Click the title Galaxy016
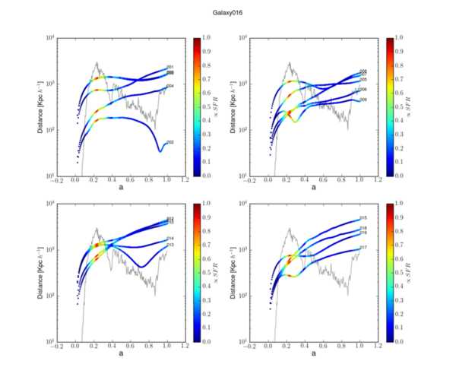228,13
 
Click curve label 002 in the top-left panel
171,142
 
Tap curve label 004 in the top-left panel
171,87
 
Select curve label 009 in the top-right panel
364,100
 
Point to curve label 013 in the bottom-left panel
171,245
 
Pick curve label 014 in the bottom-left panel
171,239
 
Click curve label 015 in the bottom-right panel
364,219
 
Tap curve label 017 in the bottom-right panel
364,248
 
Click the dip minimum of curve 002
160,150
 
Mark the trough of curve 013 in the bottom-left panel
140,266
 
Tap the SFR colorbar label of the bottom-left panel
217,272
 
